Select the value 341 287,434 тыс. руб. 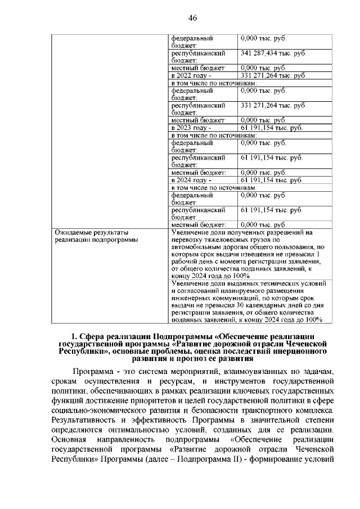[273, 53]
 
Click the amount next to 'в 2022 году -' [273, 75]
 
